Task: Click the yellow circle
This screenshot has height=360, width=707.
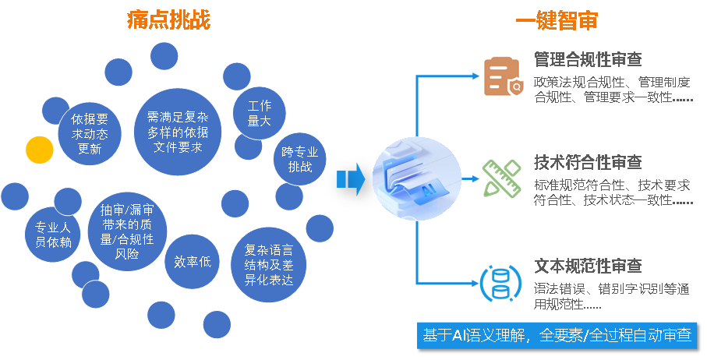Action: [40, 150]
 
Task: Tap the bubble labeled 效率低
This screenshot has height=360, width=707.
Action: [193, 262]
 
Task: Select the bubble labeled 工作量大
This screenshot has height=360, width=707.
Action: [260, 114]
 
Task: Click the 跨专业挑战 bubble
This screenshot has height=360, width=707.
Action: [300, 159]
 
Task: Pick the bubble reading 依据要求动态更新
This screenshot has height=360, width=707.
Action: [90, 134]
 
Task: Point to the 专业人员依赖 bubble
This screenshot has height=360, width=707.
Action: [53, 235]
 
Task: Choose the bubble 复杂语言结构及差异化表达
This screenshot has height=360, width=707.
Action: [269, 265]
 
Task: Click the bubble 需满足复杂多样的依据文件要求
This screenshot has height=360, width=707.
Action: [178, 132]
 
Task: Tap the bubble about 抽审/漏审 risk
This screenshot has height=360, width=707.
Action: [127, 231]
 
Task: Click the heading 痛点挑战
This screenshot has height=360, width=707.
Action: [169, 19]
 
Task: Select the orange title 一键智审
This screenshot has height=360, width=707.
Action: [557, 20]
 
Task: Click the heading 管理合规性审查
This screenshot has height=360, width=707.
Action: [588, 59]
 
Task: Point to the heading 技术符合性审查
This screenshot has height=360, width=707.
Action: [588, 162]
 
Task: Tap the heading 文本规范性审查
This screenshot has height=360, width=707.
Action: [588, 266]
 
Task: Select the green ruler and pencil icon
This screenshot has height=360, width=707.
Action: [502, 178]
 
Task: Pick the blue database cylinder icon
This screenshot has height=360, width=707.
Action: [500, 283]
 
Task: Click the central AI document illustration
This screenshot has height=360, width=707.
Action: [418, 178]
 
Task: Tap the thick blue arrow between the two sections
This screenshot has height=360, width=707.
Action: [351, 179]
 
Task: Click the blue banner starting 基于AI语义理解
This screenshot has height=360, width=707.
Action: [557, 335]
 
